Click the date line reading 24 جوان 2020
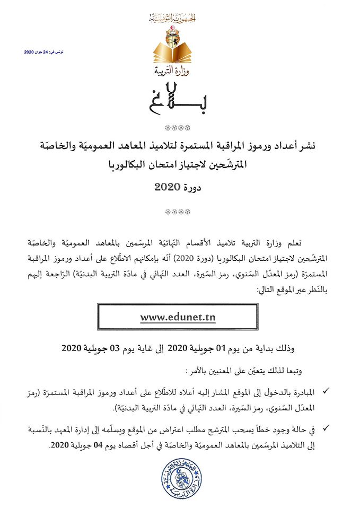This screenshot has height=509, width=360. pos(44,52)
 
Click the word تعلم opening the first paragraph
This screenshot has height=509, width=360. pos(301,243)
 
